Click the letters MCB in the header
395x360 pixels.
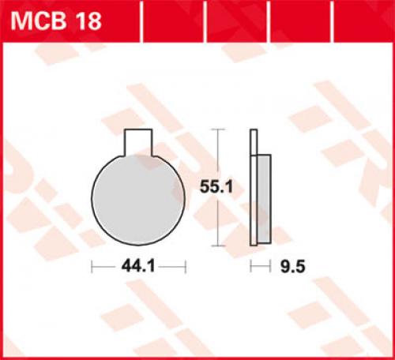pos(39,21)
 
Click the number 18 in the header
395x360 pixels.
pos(88,21)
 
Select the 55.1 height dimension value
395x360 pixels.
pos(216,187)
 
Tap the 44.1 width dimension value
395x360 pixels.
pos(138,267)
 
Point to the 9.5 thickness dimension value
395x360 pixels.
pos(292,267)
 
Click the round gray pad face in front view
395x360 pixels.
pos(138,200)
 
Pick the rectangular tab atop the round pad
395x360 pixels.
pos(138,142)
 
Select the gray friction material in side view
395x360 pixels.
pos(264,199)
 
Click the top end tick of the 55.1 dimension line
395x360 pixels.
pos(218,129)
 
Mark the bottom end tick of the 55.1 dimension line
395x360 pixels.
pos(218,246)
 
